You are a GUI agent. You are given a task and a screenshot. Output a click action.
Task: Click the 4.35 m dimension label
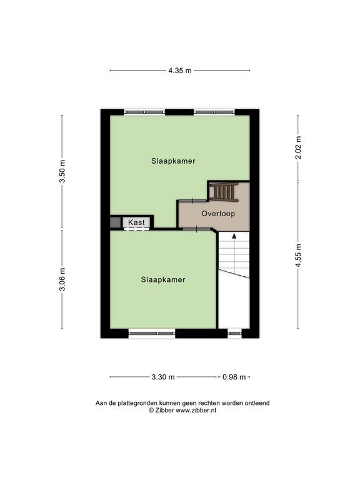pyautogui.click(x=180, y=71)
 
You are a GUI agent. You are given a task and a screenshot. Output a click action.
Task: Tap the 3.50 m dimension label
pyautogui.click(x=62, y=171)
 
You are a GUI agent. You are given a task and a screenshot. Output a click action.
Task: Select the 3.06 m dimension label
pyautogui.click(x=62, y=279)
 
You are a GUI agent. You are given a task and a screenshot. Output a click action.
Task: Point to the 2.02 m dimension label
pyautogui.click(x=299, y=147)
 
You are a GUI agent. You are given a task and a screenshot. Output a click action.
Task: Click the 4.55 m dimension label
pyautogui.click(x=299, y=255)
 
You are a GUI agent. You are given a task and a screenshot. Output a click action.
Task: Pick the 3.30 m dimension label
pyautogui.click(x=163, y=377)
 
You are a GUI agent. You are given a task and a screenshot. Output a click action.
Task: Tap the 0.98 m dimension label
pyautogui.click(x=234, y=377)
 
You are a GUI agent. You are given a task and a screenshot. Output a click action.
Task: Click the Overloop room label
pyautogui.click(x=218, y=213)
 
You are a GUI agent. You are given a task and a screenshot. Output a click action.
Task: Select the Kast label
pyautogui.click(x=136, y=222)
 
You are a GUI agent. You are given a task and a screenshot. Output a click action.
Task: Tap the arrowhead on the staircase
pyautogui.click(x=234, y=236)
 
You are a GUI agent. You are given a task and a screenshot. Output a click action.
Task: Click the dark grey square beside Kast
pyautogui.click(x=115, y=222)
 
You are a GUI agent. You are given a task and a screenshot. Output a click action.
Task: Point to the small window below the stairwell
pyautogui.click(x=235, y=332)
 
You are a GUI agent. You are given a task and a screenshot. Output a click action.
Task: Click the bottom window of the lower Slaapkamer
pyautogui.click(x=152, y=333)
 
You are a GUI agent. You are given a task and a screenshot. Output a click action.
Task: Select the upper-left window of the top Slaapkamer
pyautogui.click(x=144, y=112)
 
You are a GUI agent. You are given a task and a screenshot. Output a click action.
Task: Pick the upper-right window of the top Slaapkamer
pyautogui.click(x=214, y=112)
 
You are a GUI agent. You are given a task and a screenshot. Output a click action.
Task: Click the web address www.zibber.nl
pyautogui.click(x=196, y=411)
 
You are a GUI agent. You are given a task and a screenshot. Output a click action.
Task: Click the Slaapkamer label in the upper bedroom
pyautogui.click(x=173, y=161)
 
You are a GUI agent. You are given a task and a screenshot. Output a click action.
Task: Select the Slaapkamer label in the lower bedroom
pyautogui.click(x=163, y=279)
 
